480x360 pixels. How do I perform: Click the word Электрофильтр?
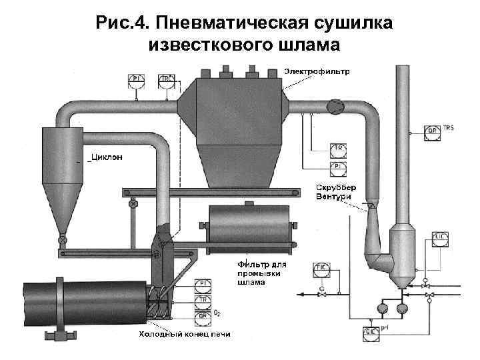point(317,71)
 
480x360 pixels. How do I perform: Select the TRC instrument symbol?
point(165,80)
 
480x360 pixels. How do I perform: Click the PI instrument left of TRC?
point(136,80)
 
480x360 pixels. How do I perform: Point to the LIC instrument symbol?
point(441,238)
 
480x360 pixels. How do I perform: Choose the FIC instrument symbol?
point(321,269)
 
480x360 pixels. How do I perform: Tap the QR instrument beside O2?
point(201,314)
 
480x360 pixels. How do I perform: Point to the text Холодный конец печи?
point(184,333)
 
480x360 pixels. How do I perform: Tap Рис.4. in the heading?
point(120,24)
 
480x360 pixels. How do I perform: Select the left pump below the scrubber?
point(383,308)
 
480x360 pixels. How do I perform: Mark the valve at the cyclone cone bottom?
point(62,237)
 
